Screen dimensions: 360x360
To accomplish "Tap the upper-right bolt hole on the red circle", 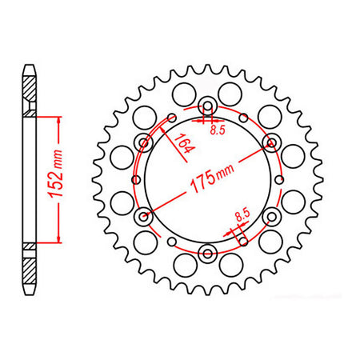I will (x=271, y=143).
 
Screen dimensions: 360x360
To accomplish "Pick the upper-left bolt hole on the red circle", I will (x=145, y=144).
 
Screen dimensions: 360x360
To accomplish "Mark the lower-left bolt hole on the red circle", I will (x=145, y=215).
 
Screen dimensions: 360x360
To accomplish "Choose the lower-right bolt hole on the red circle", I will (x=271, y=215).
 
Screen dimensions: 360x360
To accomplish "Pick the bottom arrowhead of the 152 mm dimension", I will (x=59, y=238).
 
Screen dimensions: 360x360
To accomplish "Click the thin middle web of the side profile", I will (x=30, y=179).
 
